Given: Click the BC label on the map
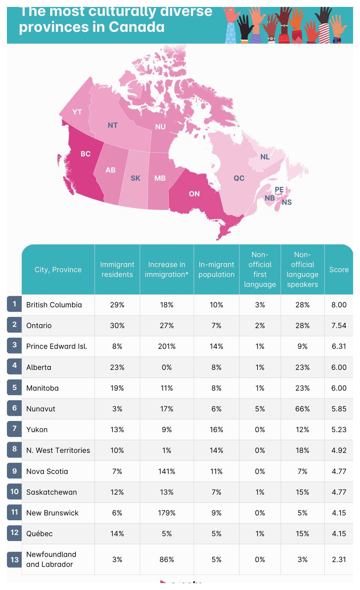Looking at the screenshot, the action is (86, 154).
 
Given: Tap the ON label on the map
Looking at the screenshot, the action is (194, 194).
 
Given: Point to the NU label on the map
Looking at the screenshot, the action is (160, 127).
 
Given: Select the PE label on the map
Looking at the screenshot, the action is (279, 190).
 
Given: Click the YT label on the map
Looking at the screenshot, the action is (77, 112).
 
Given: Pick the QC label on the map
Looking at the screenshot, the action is (239, 178).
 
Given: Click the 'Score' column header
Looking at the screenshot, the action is (339, 270).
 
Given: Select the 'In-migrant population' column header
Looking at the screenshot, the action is (216, 270).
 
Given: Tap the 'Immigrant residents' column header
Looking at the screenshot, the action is (117, 270).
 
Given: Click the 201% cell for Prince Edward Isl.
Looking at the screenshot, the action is (167, 346).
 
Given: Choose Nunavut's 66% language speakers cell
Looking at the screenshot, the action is (302, 409).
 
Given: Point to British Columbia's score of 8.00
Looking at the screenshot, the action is (339, 305).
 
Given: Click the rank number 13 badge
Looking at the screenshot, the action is (14, 559).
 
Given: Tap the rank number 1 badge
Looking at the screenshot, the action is (14, 304).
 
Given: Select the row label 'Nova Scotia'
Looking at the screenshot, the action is (47, 471).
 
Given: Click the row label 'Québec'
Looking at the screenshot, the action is (39, 534).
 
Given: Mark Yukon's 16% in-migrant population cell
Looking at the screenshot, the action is (216, 430).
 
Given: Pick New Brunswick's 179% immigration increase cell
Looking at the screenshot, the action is (167, 513).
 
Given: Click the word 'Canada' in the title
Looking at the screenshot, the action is (137, 27).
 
